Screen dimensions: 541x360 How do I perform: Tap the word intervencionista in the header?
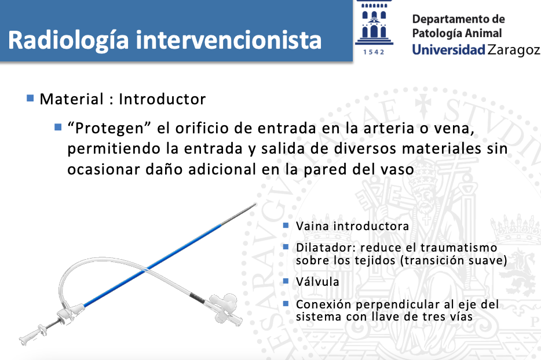[x=228, y=40]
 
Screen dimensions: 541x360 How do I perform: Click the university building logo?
[x=374, y=23]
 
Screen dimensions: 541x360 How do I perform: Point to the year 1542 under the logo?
[x=374, y=52]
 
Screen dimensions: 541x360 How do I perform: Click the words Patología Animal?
[x=457, y=34]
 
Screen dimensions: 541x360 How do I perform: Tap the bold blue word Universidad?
[x=448, y=50]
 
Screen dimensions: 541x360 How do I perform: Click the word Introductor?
[x=162, y=99]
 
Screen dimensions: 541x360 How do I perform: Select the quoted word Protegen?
[x=109, y=128]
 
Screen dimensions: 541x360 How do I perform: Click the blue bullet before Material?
[x=30, y=99]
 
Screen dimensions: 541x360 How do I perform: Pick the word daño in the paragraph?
[x=164, y=169]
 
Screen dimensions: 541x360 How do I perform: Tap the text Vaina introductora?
[x=352, y=226]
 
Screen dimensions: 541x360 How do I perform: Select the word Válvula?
[x=317, y=282]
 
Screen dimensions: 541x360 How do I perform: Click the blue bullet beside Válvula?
[x=286, y=281]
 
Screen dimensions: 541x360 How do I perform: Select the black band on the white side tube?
[x=196, y=297]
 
